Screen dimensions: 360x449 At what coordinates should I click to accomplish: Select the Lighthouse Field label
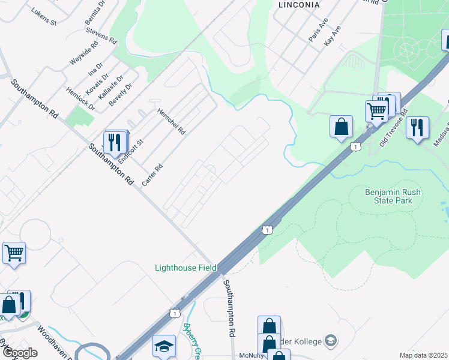click(185, 268)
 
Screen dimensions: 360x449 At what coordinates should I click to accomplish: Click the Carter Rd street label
click(152, 175)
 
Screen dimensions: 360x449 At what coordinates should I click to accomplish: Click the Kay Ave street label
click(332, 36)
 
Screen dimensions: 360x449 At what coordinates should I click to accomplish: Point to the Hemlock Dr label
click(80, 100)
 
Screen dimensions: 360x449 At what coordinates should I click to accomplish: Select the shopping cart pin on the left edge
click(14, 253)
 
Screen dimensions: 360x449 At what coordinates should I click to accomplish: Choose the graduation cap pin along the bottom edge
click(164, 346)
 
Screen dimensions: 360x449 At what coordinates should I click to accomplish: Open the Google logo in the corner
click(19, 353)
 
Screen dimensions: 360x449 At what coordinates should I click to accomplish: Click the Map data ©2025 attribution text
click(423, 355)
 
